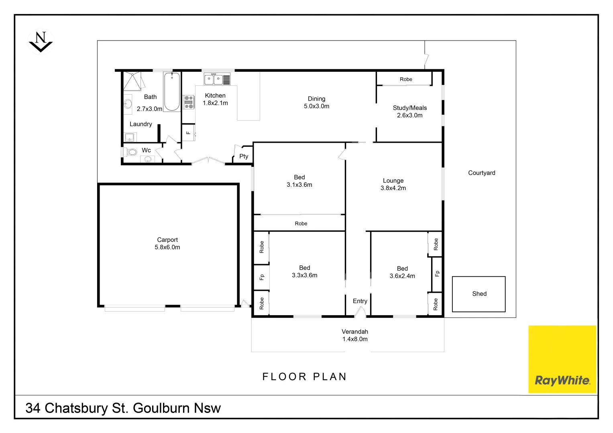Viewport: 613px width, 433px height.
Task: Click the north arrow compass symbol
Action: point(41,42)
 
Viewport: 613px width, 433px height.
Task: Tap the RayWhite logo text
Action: point(562,380)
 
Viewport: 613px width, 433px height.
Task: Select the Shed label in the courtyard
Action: point(479,294)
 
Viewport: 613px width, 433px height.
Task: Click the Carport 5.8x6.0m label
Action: point(167,243)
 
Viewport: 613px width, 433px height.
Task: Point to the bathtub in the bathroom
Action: point(172,92)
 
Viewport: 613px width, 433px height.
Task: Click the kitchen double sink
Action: point(213,79)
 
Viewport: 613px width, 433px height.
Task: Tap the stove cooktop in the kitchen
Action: point(189,102)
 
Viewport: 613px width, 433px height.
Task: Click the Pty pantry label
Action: point(244,156)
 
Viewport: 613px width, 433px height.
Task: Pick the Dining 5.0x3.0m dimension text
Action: point(316,106)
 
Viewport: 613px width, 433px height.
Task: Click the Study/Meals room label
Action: point(409,108)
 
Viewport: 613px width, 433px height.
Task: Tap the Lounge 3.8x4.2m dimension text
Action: point(393,188)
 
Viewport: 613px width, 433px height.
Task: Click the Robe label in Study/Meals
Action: point(406,79)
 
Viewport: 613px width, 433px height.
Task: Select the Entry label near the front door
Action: point(360,301)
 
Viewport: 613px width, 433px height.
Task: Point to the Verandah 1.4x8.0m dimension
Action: point(355,339)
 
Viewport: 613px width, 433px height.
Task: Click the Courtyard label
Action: point(481,173)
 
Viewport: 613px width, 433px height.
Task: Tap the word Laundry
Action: point(141,124)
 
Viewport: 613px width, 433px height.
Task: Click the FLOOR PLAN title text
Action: point(304,377)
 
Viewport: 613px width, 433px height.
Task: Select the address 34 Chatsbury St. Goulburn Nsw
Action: point(123,408)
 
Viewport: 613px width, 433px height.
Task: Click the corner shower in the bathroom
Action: point(132,81)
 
